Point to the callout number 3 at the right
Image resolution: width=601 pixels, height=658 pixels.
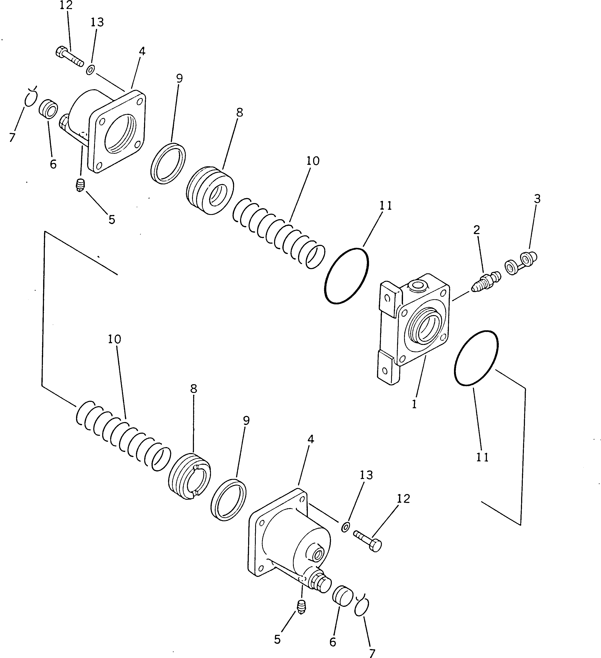pyautogui.click(x=537, y=199)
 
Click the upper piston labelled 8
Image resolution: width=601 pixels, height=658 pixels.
pyautogui.click(x=211, y=191)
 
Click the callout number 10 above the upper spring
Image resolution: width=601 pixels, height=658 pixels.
pyautogui.click(x=313, y=161)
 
